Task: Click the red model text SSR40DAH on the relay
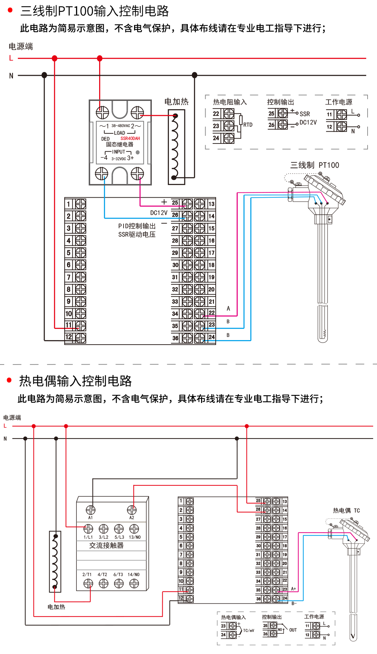pyautogui.click(x=130, y=139)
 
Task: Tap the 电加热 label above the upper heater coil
pyautogui.click(x=176, y=102)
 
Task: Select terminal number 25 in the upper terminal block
pyautogui.click(x=175, y=203)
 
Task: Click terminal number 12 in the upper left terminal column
pyautogui.click(x=69, y=337)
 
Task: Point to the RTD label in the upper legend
pyautogui.click(x=248, y=125)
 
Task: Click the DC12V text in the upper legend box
pyautogui.click(x=308, y=123)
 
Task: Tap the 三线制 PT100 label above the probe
pyautogui.click(x=315, y=165)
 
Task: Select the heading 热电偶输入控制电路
pyautogui.click(x=75, y=381)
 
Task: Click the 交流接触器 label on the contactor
pyautogui.click(x=106, y=545)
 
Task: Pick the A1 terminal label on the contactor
pyautogui.click(x=90, y=518)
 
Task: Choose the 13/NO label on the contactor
pyautogui.click(x=134, y=537)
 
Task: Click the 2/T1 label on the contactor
pyautogui.click(x=87, y=574)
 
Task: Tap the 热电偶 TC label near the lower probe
pyautogui.click(x=346, y=510)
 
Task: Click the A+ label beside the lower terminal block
pyautogui.click(x=294, y=589)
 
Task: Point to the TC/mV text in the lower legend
pyautogui.click(x=249, y=631)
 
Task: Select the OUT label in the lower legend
pyautogui.click(x=293, y=630)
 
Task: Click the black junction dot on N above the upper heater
pyautogui.click(x=194, y=75)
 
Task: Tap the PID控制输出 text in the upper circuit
pyautogui.click(x=137, y=226)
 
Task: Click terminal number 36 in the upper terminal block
pyautogui.click(x=175, y=338)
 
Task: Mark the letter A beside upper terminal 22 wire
pyautogui.click(x=228, y=308)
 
